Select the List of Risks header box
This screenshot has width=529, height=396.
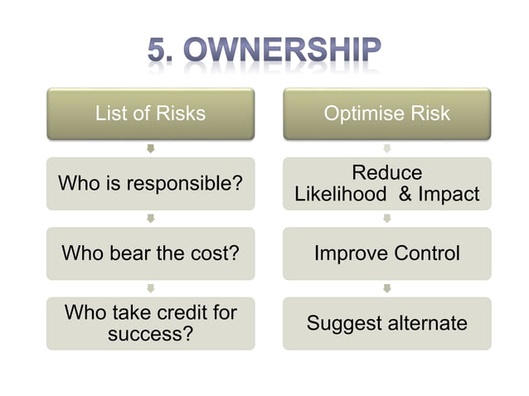point(150,113)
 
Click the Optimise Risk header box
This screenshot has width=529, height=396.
point(386,113)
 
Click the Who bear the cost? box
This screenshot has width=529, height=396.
point(150,253)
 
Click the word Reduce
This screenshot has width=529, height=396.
point(386,172)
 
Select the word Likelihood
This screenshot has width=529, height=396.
point(340,195)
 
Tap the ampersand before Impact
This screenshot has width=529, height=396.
point(405,195)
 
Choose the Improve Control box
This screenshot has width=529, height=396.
point(386,253)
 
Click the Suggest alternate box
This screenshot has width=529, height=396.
point(386,322)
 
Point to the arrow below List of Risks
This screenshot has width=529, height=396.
point(150,148)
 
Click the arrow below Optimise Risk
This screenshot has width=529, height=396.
point(386,148)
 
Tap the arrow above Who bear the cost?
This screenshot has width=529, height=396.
point(150,219)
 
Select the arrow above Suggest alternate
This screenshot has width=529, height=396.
point(386,288)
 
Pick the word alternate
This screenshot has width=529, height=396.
point(425,322)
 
